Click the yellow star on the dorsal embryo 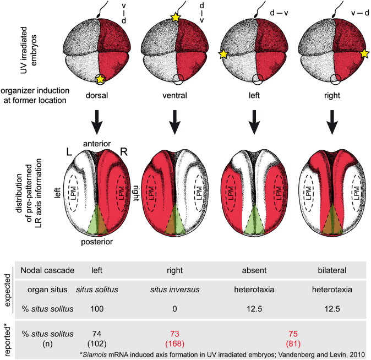click(100, 80)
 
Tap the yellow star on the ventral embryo click(175, 18)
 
